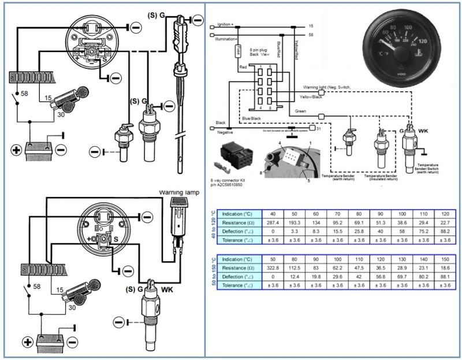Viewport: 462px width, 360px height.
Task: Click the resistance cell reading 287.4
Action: coord(273,222)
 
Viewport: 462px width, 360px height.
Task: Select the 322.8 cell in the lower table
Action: coord(273,268)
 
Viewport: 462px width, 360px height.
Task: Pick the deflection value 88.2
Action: coord(444,231)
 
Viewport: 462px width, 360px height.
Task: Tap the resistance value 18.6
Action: coord(444,268)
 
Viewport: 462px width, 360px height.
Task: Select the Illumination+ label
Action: coord(226,39)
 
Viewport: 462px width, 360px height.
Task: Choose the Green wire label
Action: coord(300,112)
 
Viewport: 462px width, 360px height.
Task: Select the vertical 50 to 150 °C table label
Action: coord(214,272)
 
